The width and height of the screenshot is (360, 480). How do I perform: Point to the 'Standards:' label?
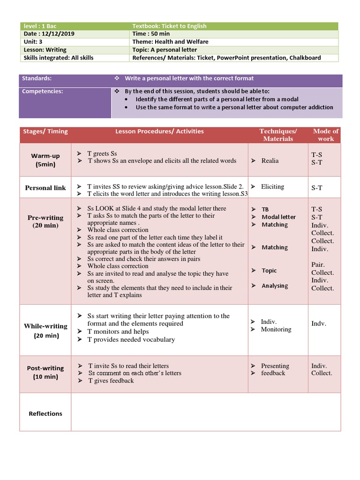click(37, 78)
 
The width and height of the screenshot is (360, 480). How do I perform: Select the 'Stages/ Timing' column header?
click(45, 131)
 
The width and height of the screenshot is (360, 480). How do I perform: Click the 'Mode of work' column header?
click(325, 135)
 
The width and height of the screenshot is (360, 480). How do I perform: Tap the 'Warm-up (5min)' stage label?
click(45, 160)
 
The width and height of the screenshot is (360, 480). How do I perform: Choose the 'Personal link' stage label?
click(45, 187)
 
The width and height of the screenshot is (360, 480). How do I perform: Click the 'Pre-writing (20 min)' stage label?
click(45, 221)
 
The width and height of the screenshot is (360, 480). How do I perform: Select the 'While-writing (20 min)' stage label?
click(45, 330)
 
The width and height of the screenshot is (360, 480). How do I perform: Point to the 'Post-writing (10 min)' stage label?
click(45, 373)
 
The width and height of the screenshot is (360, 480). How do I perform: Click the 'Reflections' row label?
click(45, 413)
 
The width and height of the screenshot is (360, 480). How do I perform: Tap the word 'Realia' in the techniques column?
click(270, 161)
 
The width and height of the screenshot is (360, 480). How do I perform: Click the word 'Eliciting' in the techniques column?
click(272, 187)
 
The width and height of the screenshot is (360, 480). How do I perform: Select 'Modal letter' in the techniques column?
click(278, 217)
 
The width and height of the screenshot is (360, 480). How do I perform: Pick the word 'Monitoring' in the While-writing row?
click(276, 330)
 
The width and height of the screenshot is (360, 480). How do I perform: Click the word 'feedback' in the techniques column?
click(273, 373)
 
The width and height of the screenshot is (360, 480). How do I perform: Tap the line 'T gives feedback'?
click(111, 381)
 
